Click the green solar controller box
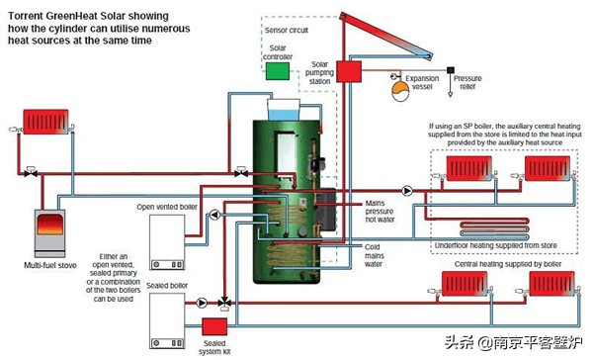tap(279, 71)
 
